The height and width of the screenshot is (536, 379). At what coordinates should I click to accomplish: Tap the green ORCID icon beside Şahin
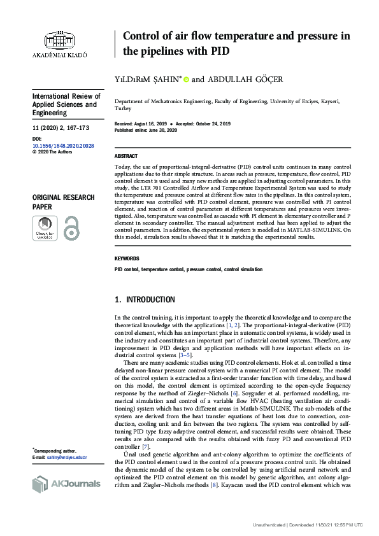point(187,80)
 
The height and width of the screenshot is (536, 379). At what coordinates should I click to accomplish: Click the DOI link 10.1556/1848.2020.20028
point(63,146)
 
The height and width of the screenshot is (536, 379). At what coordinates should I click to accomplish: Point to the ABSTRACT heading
point(125,156)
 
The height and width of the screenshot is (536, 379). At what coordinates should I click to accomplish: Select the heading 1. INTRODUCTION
point(144,300)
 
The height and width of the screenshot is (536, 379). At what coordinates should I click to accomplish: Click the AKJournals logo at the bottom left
point(66,484)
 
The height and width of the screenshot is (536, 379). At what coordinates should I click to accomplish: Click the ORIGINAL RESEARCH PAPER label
point(63,202)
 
